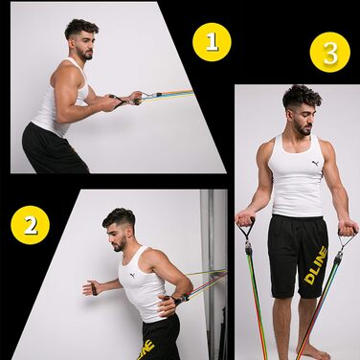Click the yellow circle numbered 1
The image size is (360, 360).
(212, 42)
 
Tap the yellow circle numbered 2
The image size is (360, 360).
(31, 225)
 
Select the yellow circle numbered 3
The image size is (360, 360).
(330, 53)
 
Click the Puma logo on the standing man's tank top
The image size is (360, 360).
(315, 164)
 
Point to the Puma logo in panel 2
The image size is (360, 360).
(132, 275)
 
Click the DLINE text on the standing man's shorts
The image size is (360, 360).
(316, 265)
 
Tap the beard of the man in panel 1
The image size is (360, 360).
(85, 55)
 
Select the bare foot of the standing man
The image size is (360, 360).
(313, 353)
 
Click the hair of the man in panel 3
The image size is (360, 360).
(302, 97)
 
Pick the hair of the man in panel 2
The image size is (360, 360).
(119, 217)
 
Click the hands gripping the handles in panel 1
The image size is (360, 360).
(126, 100)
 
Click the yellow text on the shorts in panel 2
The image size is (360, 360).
(147, 349)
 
